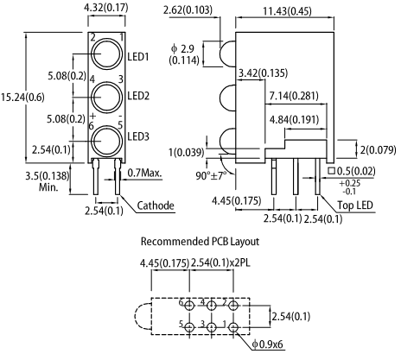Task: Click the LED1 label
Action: click(138, 57)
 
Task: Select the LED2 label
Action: click(138, 96)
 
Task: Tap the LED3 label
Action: click(138, 136)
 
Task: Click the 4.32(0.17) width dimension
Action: click(106, 8)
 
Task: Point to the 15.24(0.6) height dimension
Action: click(22, 98)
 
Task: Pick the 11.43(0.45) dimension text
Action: click(287, 11)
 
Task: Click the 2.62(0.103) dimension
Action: click(188, 10)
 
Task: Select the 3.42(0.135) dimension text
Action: click(263, 73)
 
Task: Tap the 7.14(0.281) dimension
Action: click(294, 96)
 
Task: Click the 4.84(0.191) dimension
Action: click(294, 120)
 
